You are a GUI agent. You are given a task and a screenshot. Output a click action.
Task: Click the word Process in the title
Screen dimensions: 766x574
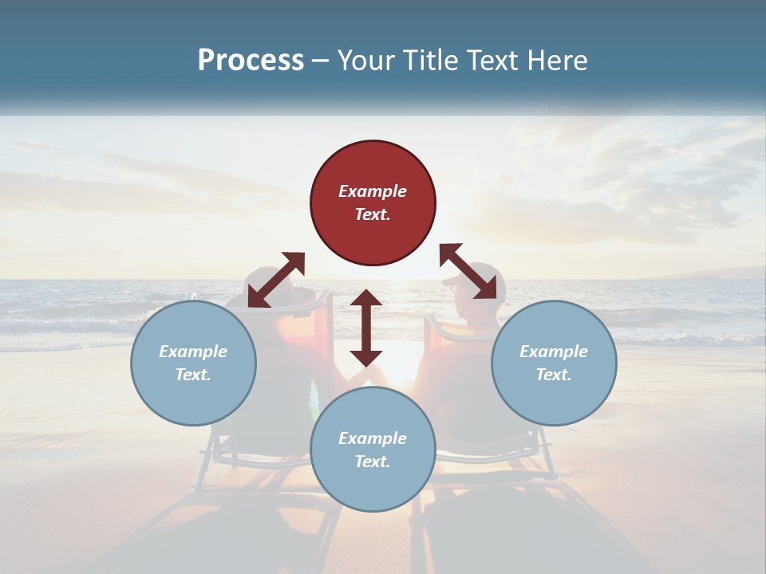click(x=251, y=60)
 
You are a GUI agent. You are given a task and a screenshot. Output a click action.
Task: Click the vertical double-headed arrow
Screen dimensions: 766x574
click(x=366, y=328)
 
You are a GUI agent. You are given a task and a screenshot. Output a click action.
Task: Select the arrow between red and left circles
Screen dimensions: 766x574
click(x=276, y=280)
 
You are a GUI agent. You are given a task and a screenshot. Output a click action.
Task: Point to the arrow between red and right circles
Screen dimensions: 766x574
click(x=468, y=272)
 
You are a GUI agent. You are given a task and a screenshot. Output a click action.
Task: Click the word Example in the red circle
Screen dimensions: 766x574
click(x=373, y=191)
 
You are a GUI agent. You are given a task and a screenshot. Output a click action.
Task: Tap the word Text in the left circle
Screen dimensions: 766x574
click(x=193, y=375)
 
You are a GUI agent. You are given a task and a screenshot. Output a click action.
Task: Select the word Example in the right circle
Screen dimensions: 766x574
click(x=554, y=352)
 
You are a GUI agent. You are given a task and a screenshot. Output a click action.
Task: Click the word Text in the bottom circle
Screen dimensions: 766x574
click(x=373, y=462)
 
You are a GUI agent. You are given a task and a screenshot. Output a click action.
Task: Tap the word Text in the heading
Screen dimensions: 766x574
click(x=492, y=60)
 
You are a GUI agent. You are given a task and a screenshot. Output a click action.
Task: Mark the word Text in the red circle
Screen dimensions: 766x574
click(x=373, y=215)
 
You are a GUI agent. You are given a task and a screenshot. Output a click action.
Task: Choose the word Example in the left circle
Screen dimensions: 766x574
click(x=193, y=352)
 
